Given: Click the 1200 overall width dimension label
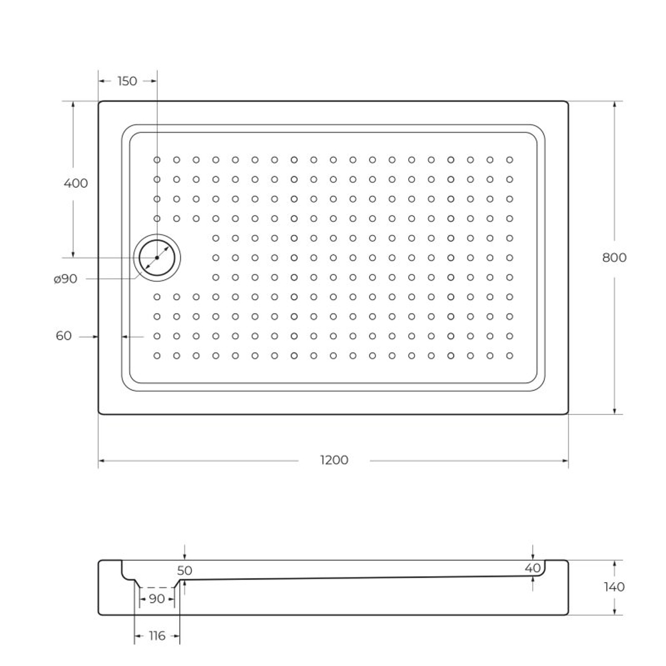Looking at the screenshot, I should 334,460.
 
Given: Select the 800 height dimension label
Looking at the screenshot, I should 614,258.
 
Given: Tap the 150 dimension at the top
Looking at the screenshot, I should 127,81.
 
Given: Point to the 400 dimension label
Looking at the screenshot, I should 75,183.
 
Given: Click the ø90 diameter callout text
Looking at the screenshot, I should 65,279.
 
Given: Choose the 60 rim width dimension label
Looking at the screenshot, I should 64,336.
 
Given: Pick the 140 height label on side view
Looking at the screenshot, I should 614,587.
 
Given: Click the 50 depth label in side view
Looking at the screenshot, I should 184,571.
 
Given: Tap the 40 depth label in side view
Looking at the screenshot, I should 532,568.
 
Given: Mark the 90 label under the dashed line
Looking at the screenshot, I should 157,599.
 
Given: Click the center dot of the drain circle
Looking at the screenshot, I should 157,258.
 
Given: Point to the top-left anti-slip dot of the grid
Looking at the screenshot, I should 157,160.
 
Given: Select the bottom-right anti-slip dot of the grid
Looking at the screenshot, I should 509,356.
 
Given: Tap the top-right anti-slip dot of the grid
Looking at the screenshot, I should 509,160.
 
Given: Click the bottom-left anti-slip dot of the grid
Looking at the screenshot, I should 157,356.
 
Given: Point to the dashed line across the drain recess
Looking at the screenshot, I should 157,587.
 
